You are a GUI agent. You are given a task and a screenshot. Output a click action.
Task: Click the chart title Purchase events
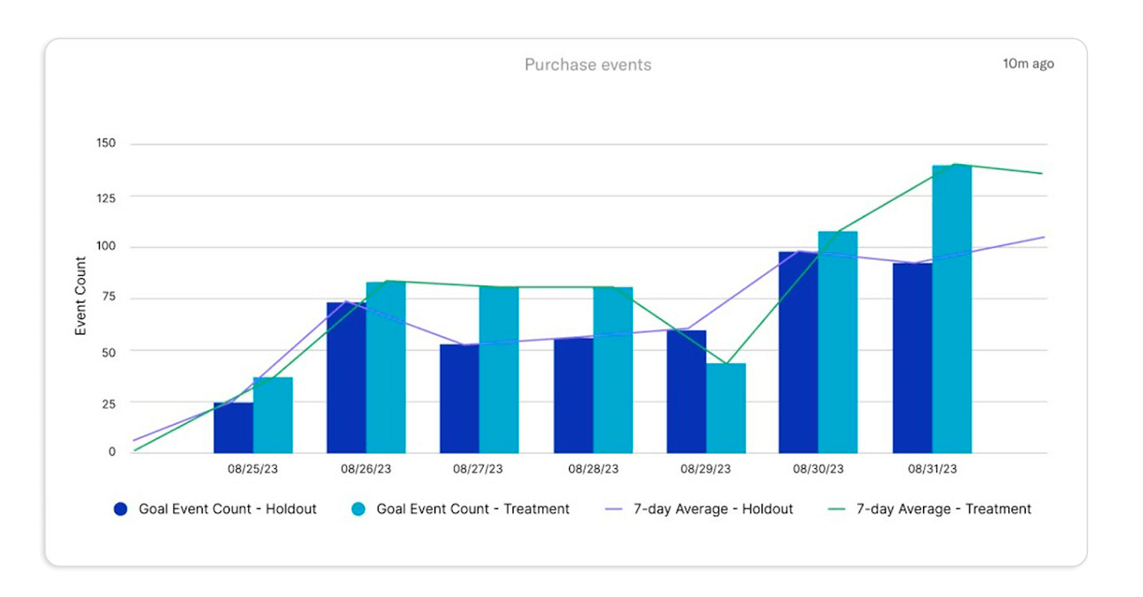[x=588, y=65]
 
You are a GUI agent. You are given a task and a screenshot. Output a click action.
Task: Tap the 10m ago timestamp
[x=1028, y=64]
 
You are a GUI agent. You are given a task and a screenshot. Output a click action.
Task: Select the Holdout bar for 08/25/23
[x=233, y=428]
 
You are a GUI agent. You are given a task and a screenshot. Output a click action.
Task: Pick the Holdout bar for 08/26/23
[x=346, y=378]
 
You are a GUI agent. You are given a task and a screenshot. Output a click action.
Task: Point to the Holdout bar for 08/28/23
[x=573, y=396]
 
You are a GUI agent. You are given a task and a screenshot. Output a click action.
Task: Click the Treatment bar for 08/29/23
[x=726, y=408]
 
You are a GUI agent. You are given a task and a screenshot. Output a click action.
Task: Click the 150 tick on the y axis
[x=106, y=143]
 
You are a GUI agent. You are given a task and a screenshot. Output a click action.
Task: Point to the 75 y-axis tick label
[x=109, y=297]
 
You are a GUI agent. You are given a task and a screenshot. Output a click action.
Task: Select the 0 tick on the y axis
[x=111, y=451]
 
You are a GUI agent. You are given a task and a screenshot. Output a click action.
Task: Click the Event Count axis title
[x=80, y=296]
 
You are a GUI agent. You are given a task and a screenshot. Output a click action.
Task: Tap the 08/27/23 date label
[x=478, y=469]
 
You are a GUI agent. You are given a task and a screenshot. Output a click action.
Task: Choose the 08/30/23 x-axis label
[x=818, y=469]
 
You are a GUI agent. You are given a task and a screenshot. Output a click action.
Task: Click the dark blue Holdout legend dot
[x=121, y=509]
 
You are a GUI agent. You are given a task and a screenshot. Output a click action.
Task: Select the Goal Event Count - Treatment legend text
[x=473, y=509]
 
